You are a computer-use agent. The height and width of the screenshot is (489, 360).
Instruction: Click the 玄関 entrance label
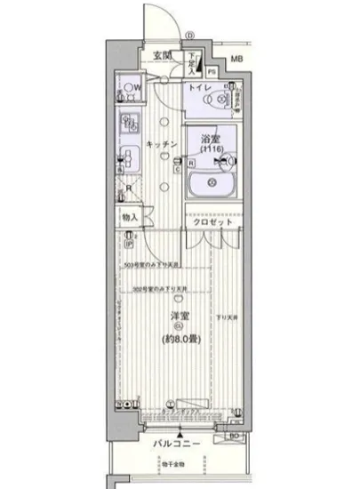[162, 56]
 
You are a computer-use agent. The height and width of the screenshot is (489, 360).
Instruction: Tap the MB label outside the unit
[236, 60]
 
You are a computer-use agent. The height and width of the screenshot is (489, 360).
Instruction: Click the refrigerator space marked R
[131, 188]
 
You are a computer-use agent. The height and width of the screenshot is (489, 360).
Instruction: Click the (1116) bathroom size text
[211, 150]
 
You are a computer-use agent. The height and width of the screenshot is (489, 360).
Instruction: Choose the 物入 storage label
[131, 217]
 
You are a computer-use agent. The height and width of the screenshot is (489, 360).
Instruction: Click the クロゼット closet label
[212, 223]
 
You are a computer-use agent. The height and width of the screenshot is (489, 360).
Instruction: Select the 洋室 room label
[179, 317]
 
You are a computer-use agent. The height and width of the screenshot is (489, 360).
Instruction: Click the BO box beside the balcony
[234, 437]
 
